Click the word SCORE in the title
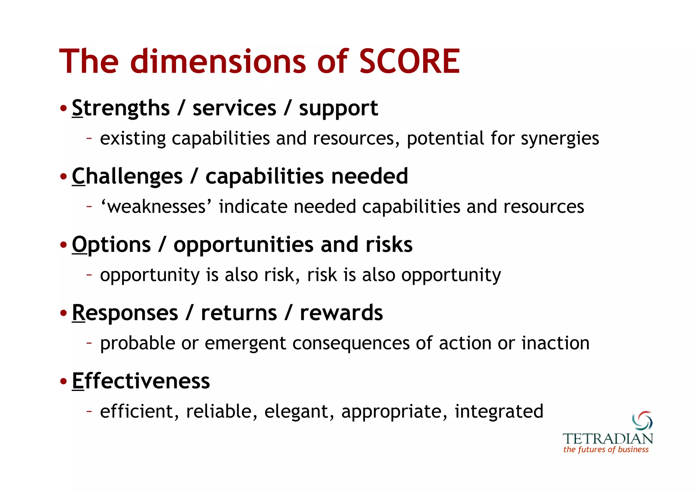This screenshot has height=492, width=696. [409, 62]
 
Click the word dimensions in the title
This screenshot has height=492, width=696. [218, 62]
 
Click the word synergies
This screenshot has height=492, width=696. [560, 139]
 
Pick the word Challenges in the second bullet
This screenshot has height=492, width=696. [127, 177]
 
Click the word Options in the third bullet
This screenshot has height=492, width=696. [111, 245]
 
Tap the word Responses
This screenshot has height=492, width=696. [125, 313]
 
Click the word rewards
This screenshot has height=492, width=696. [341, 313]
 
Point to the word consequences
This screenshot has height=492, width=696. [351, 343]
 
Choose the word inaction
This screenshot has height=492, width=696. [555, 343]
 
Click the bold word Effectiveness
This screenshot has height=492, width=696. [141, 381]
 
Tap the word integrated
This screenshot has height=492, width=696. [499, 411]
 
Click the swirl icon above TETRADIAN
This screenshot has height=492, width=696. [642, 421]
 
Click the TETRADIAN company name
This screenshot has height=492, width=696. [607, 439]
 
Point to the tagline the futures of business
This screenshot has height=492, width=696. [606, 449]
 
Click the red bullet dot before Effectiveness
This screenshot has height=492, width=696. [64, 381]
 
